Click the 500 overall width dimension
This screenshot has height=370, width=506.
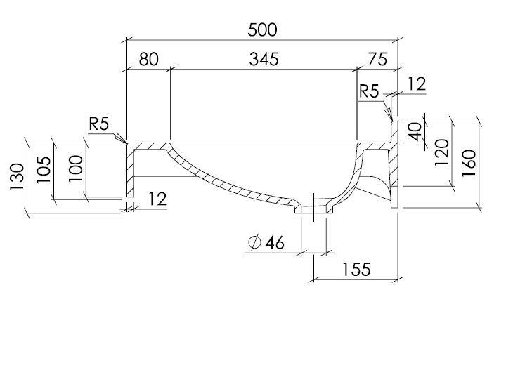coord(263,29)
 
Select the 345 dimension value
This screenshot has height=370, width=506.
coord(263,60)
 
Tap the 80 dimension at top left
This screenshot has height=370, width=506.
coord(148,60)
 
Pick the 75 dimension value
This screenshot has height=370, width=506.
coord(377,60)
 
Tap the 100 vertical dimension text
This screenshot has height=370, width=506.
coord(76,169)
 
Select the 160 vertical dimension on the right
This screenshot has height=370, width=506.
coord(469,162)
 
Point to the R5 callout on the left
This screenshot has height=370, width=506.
coord(98,124)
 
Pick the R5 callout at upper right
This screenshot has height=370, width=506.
coord(369,91)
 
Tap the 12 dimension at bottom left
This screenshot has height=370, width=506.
coord(157,199)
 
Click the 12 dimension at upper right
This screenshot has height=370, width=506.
coord(417,84)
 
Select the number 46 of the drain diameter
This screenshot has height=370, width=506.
coord(275,243)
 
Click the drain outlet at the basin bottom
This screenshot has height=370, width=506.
coord(313,209)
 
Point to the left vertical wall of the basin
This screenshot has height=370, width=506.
coord(130,172)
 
